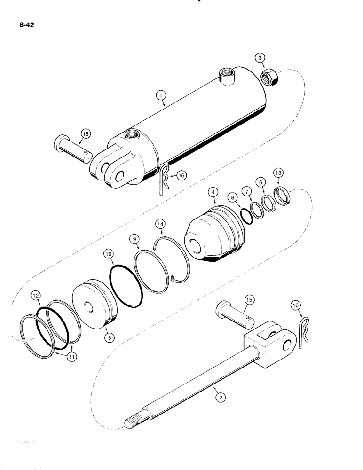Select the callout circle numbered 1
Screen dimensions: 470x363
161,96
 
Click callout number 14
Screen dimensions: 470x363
161,225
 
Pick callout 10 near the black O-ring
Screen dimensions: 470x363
109,254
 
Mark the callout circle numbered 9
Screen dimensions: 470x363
135,239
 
